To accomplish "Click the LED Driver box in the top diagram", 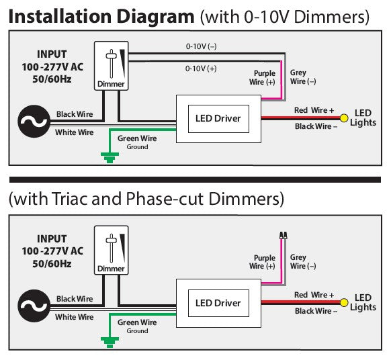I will [x=218, y=119].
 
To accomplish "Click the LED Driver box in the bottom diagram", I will [x=218, y=303].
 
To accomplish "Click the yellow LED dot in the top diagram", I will [x=344, y=119].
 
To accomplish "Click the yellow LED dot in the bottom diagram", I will [x=344, y=303].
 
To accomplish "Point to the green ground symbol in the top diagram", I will [x=107, y=158].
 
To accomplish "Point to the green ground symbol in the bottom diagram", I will [x=107, y=342].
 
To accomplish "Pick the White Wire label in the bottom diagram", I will [x=74, y=316].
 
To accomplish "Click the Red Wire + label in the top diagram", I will [x=314, y=110].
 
